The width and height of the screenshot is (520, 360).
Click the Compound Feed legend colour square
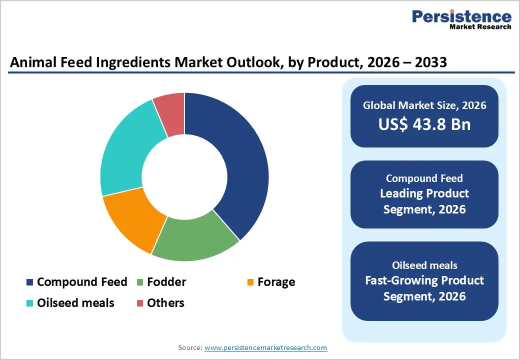[29, 282]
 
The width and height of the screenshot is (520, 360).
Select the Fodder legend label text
[166, 282]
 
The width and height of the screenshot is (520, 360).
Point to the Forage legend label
[276, 282]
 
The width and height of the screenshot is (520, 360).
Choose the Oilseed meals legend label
[75, 303]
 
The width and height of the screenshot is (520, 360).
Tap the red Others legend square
[139, 303]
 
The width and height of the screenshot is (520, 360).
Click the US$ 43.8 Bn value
[424, 124]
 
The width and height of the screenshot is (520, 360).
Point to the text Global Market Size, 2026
[424, 105]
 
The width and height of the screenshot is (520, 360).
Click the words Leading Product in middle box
[424, 193]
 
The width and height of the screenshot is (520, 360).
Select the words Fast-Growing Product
[424, 280]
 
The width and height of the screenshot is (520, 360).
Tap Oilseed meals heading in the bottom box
[424, 265]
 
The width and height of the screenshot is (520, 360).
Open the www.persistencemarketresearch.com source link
[265, 347]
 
